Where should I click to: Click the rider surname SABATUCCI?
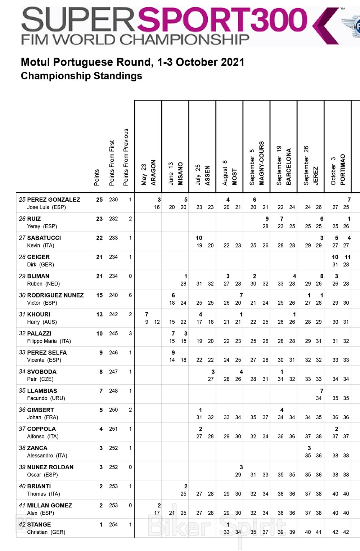click(x=44, y=238)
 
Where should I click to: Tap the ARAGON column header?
click(x=153, y=173)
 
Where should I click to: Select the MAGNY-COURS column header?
click(x=261, y=163)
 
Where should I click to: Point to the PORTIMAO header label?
click(x=342, y=170)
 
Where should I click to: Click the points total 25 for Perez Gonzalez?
click(x=99, y=200)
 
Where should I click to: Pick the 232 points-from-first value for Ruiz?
click(x=113, y=219)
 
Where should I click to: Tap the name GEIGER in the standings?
click(x=39, y=257)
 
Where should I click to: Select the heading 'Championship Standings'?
click(x=81, y=76)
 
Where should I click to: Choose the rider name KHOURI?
click(x=39, y=314)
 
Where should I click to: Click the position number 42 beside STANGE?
click(x=22, y=524)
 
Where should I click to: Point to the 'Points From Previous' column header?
click(x=126, y=157)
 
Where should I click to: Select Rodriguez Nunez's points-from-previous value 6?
click(x=130, y=295)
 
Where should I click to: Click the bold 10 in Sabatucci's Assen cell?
click(x=199, y=238)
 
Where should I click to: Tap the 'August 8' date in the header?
click(x=225, y=173)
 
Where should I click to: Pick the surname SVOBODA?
click(x=42, y=371)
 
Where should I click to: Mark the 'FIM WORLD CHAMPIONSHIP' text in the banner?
click(x=135, y=39)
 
